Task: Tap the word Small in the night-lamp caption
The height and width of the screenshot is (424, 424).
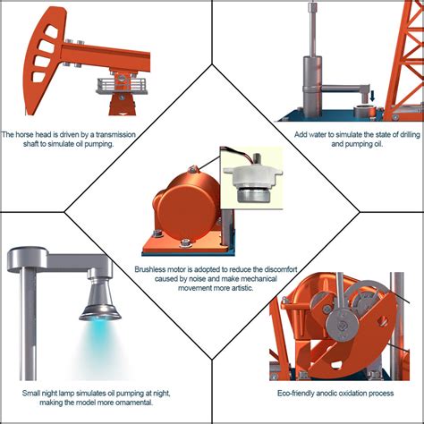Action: coord(32,392)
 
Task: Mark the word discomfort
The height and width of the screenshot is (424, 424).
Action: coord(268,268)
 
